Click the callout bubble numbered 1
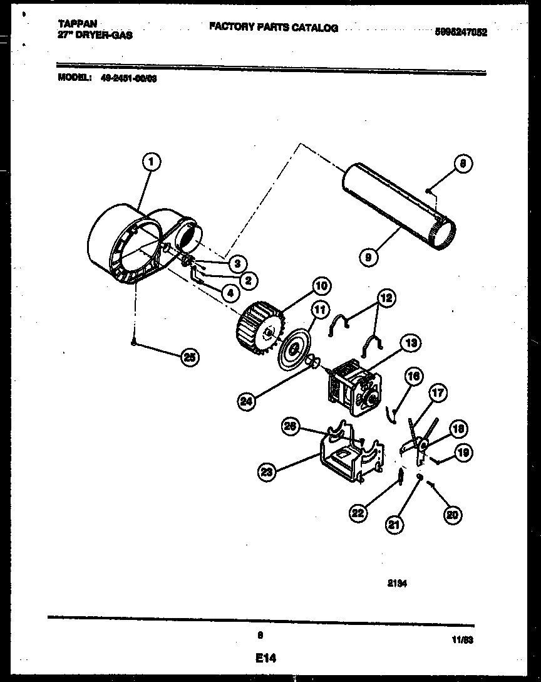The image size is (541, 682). click(150, 163)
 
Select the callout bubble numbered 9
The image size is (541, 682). click(370, 256)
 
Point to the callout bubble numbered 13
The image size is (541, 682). click(411, 343)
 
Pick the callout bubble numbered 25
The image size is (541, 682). click(188, 357)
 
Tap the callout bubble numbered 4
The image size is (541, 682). click(230, 291)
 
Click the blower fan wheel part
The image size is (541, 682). click(259, 325)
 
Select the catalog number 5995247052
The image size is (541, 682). click(460, 33)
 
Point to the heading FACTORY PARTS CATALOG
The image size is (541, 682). click(273, 28)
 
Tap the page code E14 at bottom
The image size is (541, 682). click(265, 658)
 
